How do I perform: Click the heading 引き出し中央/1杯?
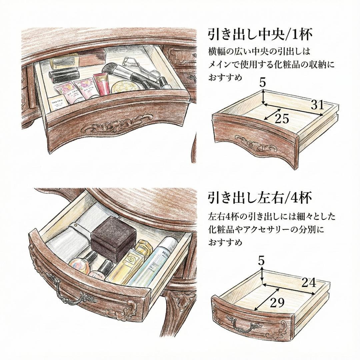(260, 34)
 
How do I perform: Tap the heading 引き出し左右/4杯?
(260, 198)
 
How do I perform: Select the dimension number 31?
(317, 105)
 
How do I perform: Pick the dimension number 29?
(277, 303)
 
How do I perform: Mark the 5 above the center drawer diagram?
(263, 83)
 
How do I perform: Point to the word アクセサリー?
(270, 230)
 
